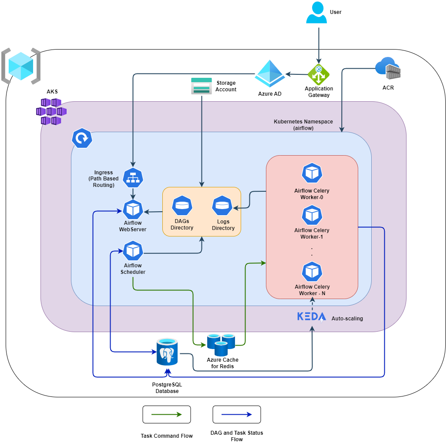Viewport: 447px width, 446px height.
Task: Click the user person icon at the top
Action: click(316, 13)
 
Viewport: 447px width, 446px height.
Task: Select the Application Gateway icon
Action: click(319, 74)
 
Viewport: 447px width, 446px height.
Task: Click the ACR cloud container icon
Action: click(388, 69)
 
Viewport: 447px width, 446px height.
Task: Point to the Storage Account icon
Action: click(202, 86)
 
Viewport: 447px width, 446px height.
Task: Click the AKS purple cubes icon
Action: click(51, 112)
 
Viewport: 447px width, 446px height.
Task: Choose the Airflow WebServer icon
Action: click(133, 210)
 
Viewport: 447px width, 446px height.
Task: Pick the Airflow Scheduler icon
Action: click(133, 251)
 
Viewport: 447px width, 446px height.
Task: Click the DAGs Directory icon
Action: click(182, 206)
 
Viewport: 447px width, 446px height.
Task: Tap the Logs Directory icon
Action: click(222, 206)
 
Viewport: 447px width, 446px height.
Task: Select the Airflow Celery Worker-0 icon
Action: click(312, 173)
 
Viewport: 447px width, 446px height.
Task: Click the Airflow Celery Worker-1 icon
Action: click(312, 215)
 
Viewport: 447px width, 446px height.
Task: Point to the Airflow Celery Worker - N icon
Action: click(312, 272)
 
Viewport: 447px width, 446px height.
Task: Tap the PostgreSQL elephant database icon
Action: click(168, 353)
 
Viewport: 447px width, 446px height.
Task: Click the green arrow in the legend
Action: click(167, 415)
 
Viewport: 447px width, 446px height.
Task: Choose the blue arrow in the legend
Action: click(237, 415)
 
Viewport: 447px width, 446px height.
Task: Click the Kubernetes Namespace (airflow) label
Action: click(303, 125)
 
